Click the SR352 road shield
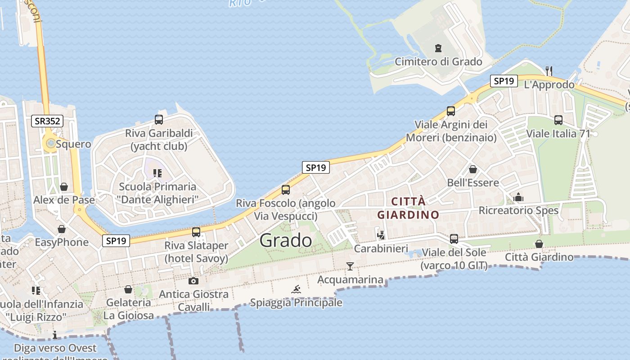(47, 121)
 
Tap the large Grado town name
(286, 240)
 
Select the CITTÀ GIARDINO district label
(408, 208)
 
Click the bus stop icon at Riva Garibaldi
(159, 120)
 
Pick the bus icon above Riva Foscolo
(286, 189)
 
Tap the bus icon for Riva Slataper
(196, 232)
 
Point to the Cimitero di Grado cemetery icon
(438, 48)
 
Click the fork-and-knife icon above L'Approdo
(549, 71)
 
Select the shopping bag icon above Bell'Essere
(473, 169)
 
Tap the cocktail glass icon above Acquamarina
(350, 266)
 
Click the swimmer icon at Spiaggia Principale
(296, 289)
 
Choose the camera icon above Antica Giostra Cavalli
(193, 281)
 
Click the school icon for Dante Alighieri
(157, 173)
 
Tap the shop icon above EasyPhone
(62, 229)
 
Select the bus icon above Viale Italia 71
(558, 120)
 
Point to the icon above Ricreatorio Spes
(518, 197)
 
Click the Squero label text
(73, 144)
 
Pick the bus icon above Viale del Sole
(454, 238)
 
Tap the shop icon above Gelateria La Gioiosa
(128, 289)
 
